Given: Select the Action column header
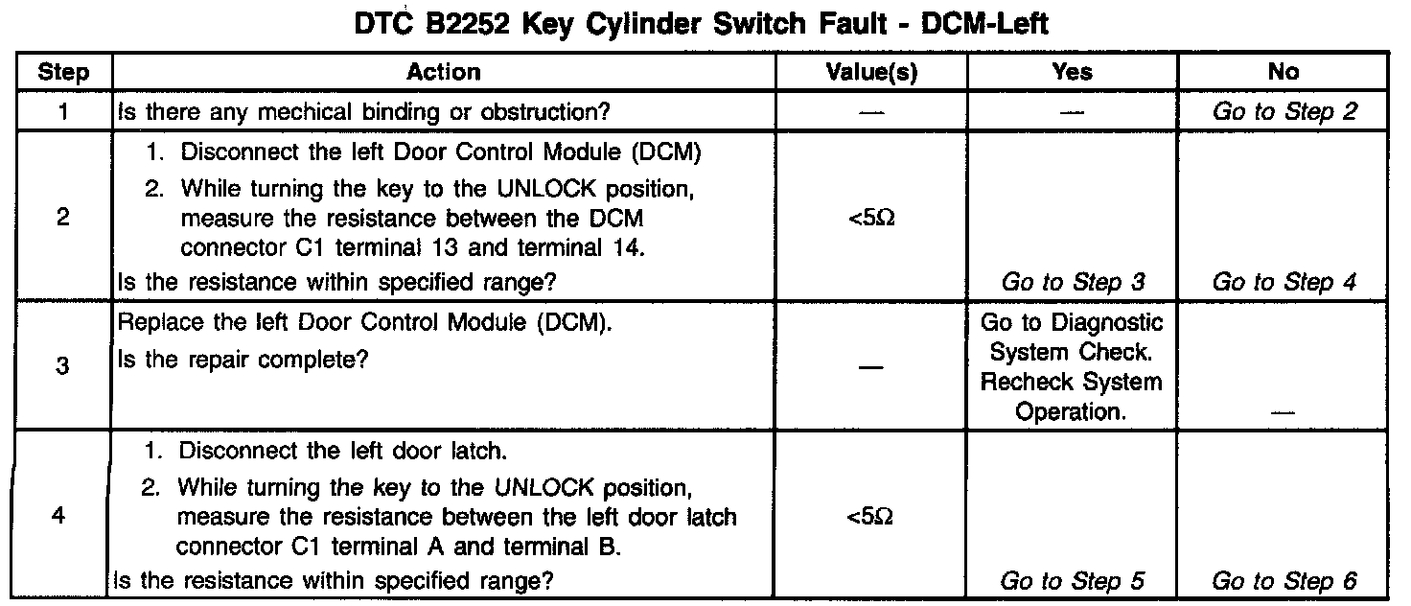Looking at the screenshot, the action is click(443, 72).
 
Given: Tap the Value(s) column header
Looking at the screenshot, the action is click(871, 72).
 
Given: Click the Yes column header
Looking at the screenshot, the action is click(1072, 72).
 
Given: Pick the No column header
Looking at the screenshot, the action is click(1283, 72).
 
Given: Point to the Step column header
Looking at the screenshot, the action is click(63, 72).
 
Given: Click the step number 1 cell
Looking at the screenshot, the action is click(63, 111).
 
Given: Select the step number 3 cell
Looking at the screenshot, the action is click(63, 366).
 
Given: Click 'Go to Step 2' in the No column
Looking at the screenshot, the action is click(1284, 111).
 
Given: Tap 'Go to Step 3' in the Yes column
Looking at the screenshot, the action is click(1072, 282).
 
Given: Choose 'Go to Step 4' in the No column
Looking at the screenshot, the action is click(1284, 282).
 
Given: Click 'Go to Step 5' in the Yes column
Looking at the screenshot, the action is click(1072, 580).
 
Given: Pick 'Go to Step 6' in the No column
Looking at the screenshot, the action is click(1284, 580).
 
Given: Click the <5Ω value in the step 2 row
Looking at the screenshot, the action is click(871, 219).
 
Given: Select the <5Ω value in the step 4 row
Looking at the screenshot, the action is click(871, 517).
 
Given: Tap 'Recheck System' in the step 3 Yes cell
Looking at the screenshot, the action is click(1072, 383).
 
